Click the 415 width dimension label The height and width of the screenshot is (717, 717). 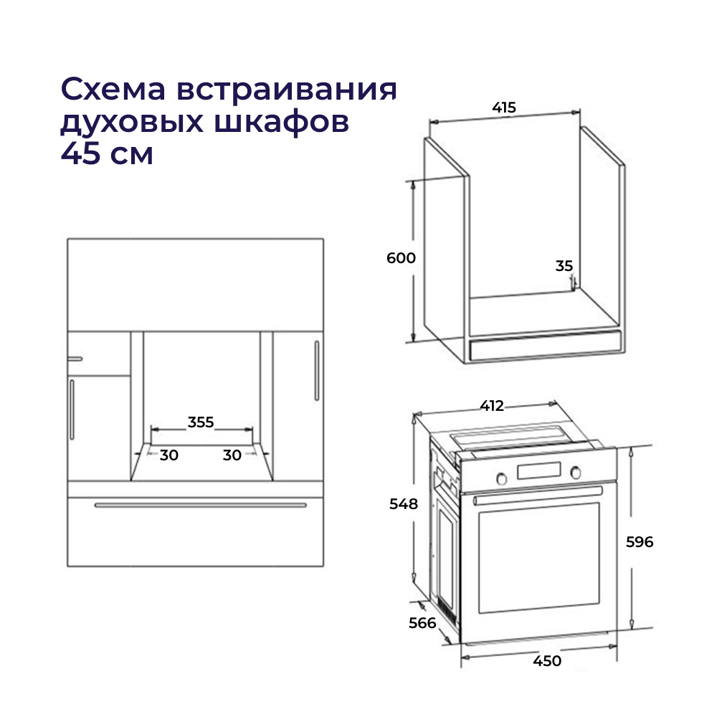coord(504,108)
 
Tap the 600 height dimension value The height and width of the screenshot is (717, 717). coord(401,258)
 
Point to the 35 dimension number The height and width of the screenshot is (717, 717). coord(564,266)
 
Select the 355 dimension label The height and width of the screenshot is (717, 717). coord(201,422)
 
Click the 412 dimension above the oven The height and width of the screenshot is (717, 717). coord(491,406)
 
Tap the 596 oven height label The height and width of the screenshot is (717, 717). coord(640,542)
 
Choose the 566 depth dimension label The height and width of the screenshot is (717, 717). coord(422,623)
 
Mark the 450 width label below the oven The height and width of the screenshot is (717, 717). coord(547,661)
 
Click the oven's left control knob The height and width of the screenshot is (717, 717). coord(503,477)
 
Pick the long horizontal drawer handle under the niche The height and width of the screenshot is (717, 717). coord(201,505)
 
